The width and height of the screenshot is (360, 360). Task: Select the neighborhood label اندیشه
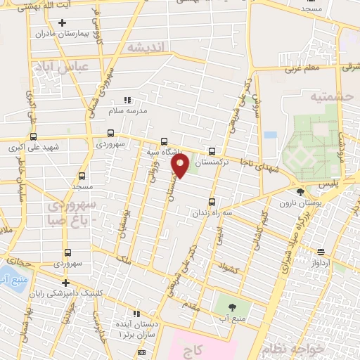pyautogui.click(x=146, y=47)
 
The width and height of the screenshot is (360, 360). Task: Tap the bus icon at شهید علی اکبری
pyautogui.click(x=33, y=137)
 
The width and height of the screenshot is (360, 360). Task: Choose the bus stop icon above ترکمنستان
pyautogui.click(x=212, y=150)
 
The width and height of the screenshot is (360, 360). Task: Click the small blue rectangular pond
pyautogui.click(x=271, y=134)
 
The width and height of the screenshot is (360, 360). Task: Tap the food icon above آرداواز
pyautogui.click(x=321, y=251)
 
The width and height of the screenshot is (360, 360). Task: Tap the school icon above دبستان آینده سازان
pyautogui.click(x=136, y=314)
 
